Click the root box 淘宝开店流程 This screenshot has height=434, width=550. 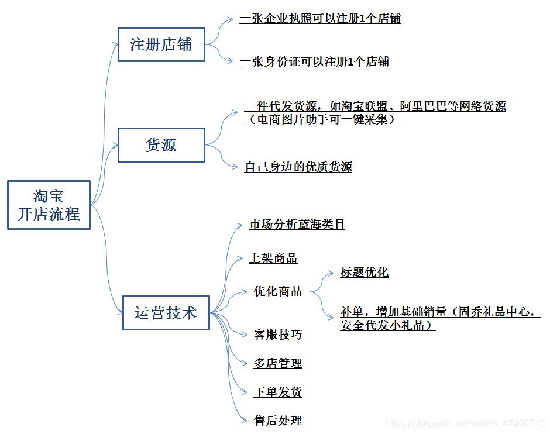49,205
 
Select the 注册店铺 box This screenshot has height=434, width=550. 161,44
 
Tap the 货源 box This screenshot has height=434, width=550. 161,145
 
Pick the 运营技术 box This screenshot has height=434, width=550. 166,313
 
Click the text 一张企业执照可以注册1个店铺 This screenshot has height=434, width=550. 320,19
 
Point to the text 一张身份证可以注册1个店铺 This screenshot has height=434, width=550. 314,62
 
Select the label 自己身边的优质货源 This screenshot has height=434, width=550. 298,167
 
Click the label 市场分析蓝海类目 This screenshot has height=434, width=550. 297,225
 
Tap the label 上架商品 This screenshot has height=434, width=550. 273,259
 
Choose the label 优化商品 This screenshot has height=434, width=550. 278,291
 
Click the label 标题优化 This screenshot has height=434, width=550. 364,273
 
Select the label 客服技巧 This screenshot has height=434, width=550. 278,335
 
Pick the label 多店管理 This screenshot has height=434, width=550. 278,364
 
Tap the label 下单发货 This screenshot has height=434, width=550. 278,392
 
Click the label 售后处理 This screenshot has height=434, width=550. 278,421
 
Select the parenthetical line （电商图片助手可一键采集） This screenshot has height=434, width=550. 322,120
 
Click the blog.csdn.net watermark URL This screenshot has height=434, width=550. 466,423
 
